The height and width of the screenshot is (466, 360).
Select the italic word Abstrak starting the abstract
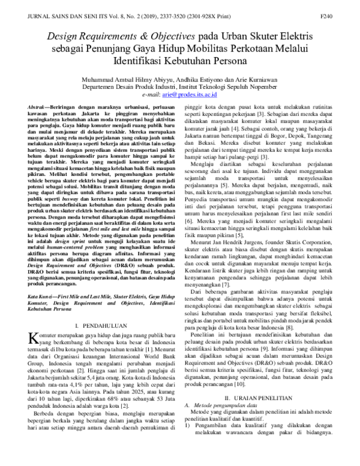39,106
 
